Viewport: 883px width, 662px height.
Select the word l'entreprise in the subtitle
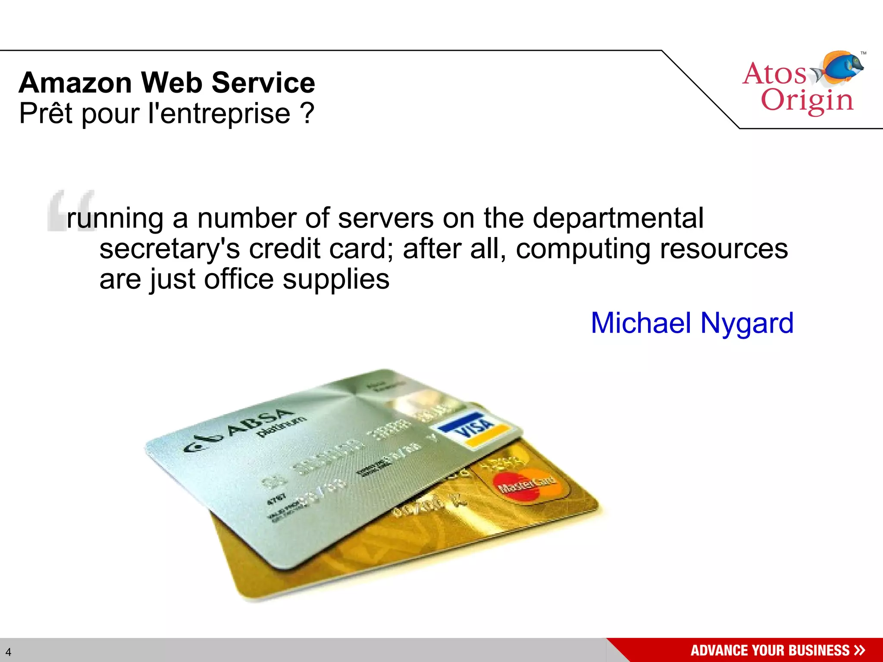pos(219,114)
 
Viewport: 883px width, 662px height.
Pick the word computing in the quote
pos(582,249)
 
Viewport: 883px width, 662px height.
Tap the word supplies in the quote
pos(336,279)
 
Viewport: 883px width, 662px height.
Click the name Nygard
pos(747,323)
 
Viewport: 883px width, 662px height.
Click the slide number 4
pos(8,652)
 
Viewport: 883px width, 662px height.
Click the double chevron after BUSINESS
pos(859,650)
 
